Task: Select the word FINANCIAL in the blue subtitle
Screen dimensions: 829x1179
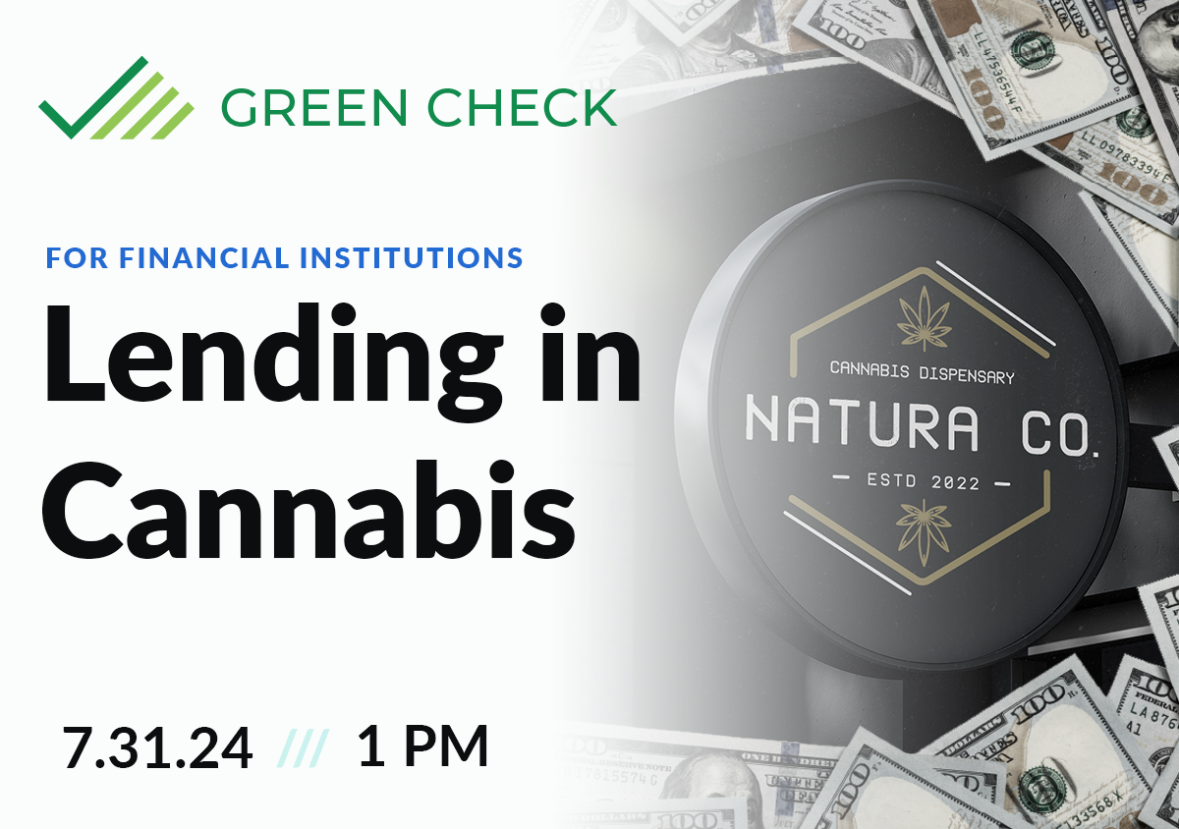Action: point(204,258)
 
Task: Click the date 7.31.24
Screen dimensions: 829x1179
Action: point(157,748)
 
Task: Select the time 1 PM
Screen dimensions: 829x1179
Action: point(422,748)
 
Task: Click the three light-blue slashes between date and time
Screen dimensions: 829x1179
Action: point(305,749)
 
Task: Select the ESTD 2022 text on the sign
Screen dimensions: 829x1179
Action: point(921,483)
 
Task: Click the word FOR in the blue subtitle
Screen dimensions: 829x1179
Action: point(78,258)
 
